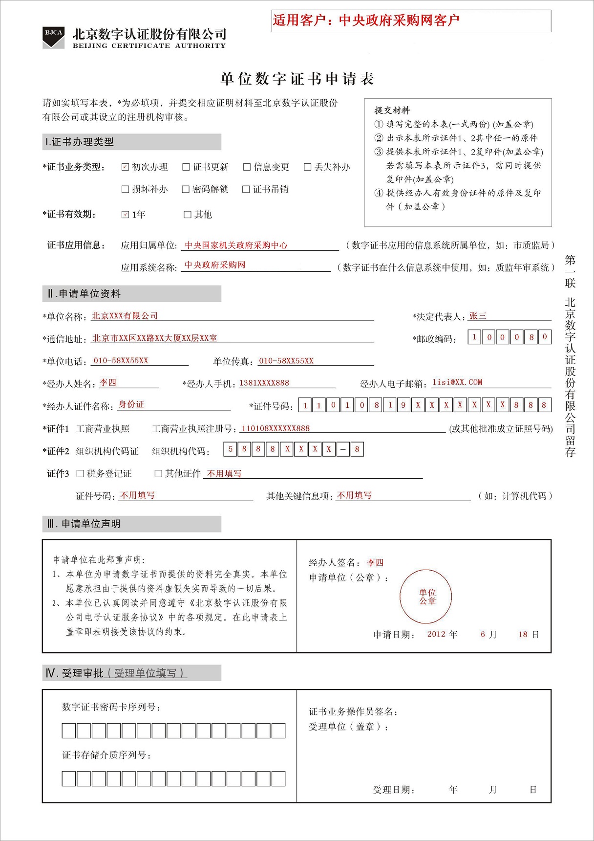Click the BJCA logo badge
pyautogui.click(x=54, y=37)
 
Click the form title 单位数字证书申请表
pyautogui.click(x=297, y=79)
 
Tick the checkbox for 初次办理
pyautogui.click(x=125, y=167)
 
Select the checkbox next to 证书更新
pyautogui.click(x=186, y=167)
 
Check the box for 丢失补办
pyautogui.click(x=308, y=167)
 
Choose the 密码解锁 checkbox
pyautogui.click(x=186, y=189)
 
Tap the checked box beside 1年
pyautogui.click(x=125, y=215)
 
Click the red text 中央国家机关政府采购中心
pyautogui.click(x=236, y=245)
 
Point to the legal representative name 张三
pyautogui.click(x=478, y=316)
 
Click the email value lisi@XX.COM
pyautogui.click(x=457, y=382)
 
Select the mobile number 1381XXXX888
pyautogui.click(x=264, y=383)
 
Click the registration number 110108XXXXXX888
pyautogui.click(x=276, y=429)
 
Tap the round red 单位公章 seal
pyautogui.click(x=427, y=597)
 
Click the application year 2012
pyautogui.click(x=436, y=635)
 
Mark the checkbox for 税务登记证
pyautogui.click(x=81, y=473)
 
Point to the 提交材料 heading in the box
pyautogui.click(x=392, y=111)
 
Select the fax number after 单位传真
pyautogui.click(x=286, y=361)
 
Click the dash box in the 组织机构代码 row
pyautogui.click(x=343, y=449)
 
